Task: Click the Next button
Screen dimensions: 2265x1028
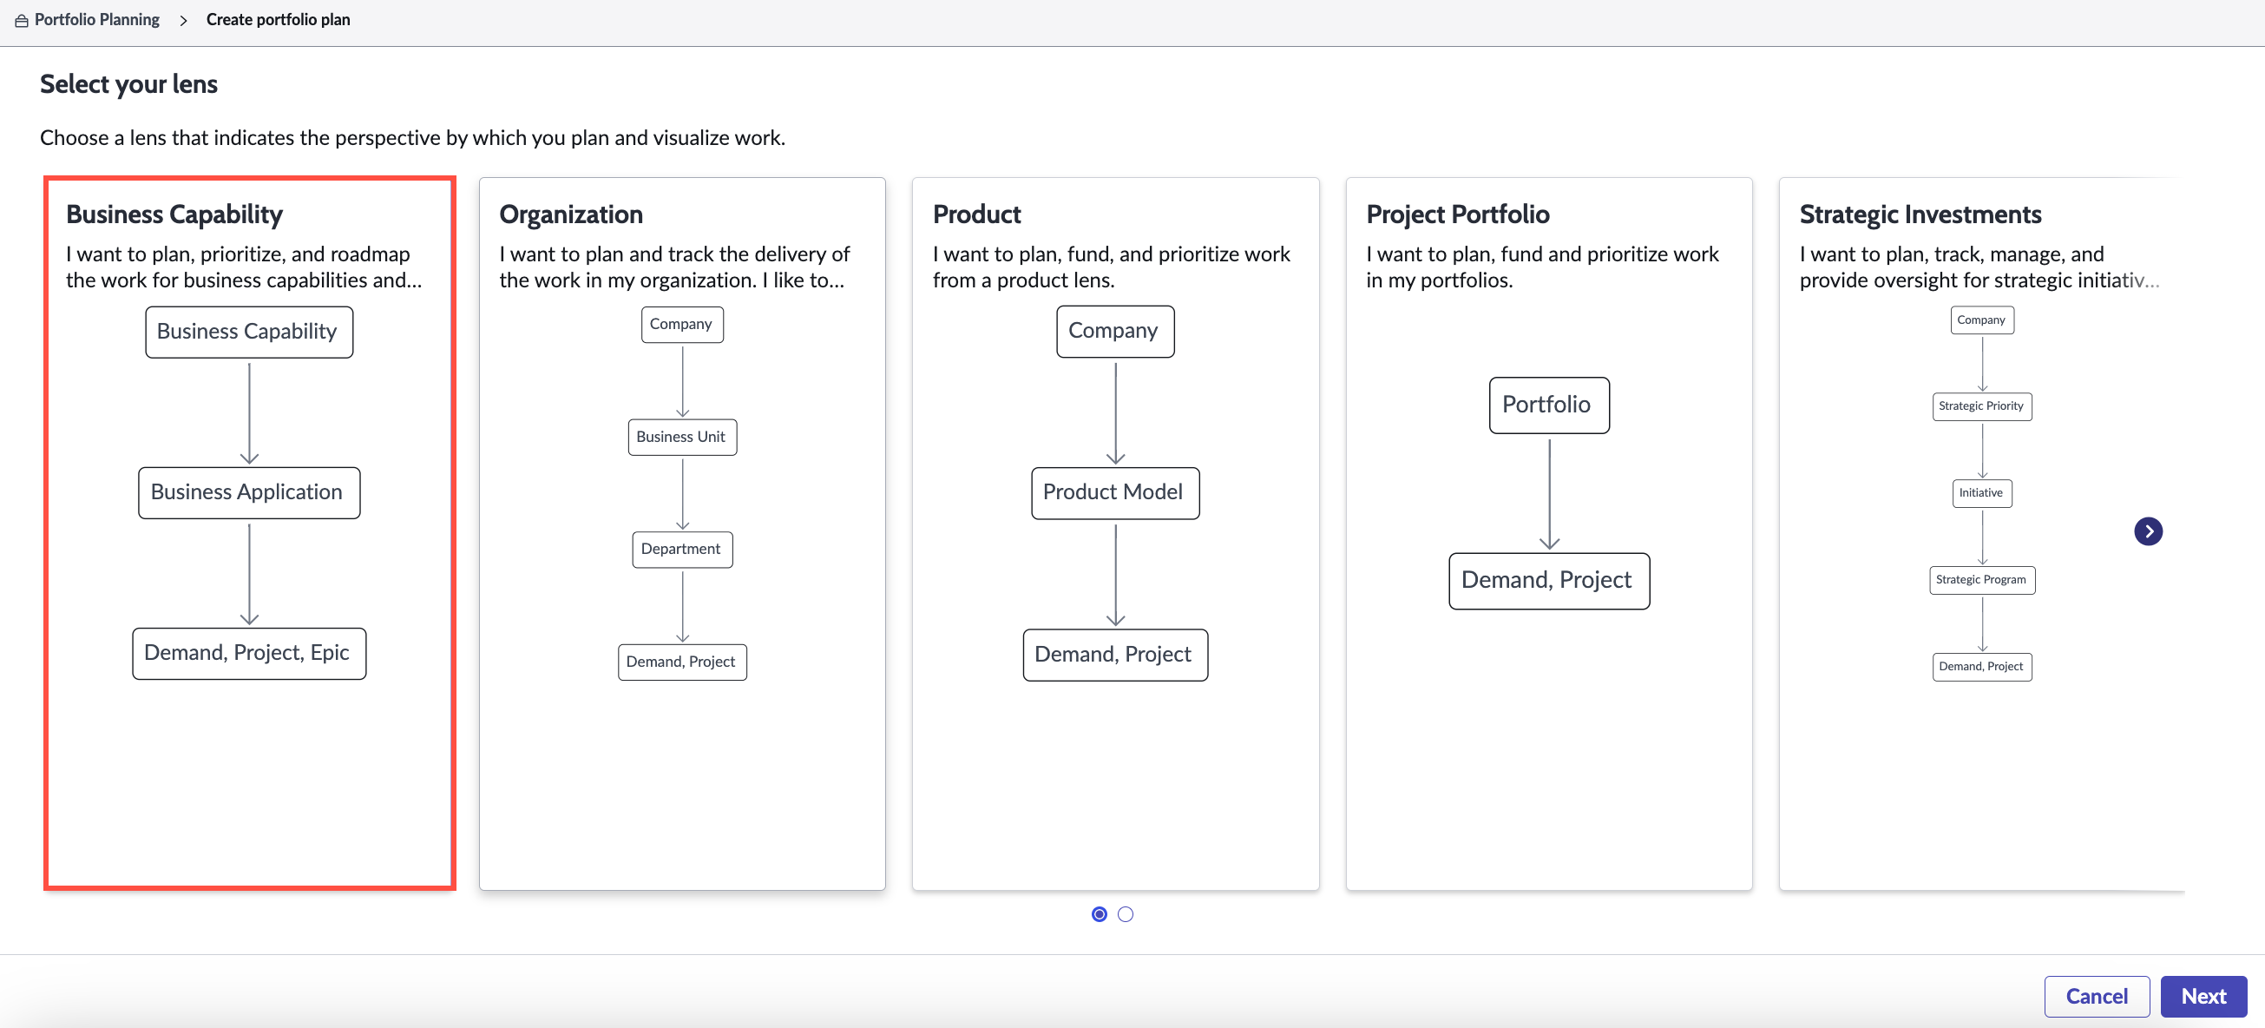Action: (x=2203, y=997)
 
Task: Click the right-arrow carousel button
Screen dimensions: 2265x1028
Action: (x=2148, y=531)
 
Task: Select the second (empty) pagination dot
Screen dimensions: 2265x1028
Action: (x=1126, y=914)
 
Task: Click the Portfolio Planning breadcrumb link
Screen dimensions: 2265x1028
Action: (x=96, y=19)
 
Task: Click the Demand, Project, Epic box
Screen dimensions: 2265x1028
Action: (x=249, y=654)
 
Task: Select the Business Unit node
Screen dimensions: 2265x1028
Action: (x=682, y=437)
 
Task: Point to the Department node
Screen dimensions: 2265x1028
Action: (x=682, y=550)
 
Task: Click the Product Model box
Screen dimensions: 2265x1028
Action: (x=1115, y=493)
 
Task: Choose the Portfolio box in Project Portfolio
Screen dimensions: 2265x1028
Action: (x=1549, y=405)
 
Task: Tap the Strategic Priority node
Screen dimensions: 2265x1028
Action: (x=1982, y=406)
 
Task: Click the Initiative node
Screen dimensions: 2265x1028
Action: (x=1982, y=493)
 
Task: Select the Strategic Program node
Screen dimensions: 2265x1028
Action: (x=1982, y=580)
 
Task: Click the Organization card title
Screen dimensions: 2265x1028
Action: (x=571, y=214)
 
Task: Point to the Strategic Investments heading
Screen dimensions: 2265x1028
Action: (x=1920, y=214)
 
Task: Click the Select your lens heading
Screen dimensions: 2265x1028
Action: (x=128, y=84)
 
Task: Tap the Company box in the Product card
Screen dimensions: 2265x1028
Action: (x=1115, y=332)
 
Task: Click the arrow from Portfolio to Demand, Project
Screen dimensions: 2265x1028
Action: (x=1549, y=493)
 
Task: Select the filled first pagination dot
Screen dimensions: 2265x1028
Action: (x=1099, y=914)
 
